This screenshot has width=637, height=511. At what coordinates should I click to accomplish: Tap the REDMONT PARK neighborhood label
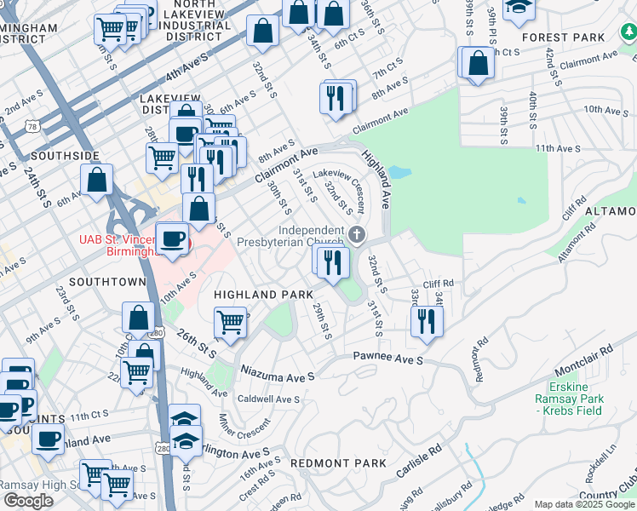coord(338,462)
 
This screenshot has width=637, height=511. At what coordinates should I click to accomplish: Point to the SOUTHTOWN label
coord(107,281)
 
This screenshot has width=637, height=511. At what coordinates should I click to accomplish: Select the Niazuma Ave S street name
coord(278,375)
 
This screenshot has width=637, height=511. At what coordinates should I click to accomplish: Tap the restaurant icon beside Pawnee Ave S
coord(426,321)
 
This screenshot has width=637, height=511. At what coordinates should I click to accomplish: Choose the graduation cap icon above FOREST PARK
coord(517,9)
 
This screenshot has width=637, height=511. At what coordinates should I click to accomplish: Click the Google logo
coord(29,501)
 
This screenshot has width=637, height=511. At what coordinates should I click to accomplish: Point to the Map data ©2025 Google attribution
coord(584,504)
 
